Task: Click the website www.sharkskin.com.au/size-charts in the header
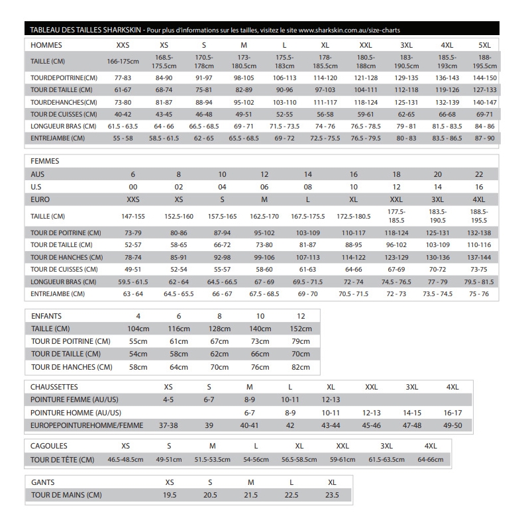click(x=349, y=30)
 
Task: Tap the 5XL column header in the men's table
click(x=484, y=45)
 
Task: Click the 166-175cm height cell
click(x=123, y=62)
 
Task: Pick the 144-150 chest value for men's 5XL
click(x=484, y=78)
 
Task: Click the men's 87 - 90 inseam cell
click(x=484, y=138)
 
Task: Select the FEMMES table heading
click(x=46, y=161)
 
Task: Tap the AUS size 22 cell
click(x=479, y=174)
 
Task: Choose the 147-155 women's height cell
click(x=133, y=217)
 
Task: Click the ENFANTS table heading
click(x=46, y=316)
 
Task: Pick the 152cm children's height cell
click(x=301, y=329)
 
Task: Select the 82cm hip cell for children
click(x=301, y=367)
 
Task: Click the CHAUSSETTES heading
click(x=54, y=386)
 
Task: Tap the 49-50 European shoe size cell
click(x=453, y=425)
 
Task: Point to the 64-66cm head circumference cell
click(x=431, y=459)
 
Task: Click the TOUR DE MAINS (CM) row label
click(x=66, y=495)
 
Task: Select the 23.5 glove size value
click(x=332, y=495)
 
